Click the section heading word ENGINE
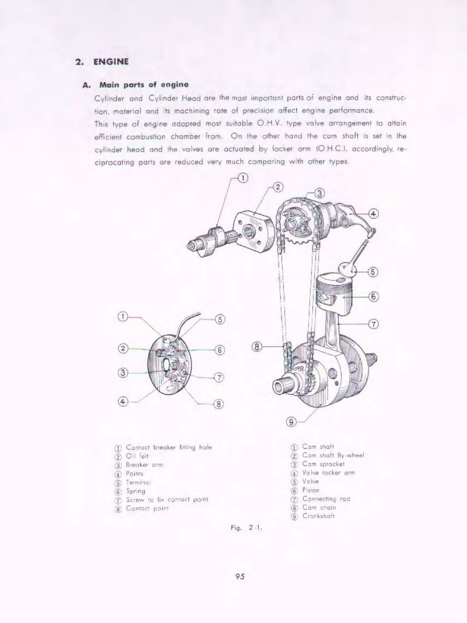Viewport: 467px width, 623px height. (111, 62)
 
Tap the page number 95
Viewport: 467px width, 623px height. (240, 576)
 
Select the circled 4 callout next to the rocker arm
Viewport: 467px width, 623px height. (373, 214)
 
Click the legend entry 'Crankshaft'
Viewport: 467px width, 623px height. (318, 516)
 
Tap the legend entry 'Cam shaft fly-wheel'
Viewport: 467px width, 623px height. (333, 455)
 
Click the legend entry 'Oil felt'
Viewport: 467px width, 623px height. (137, 456)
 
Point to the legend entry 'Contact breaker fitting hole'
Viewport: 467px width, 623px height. (169, 447)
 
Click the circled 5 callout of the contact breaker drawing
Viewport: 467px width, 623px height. (220, 320)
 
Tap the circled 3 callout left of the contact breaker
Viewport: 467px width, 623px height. (122, 373)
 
